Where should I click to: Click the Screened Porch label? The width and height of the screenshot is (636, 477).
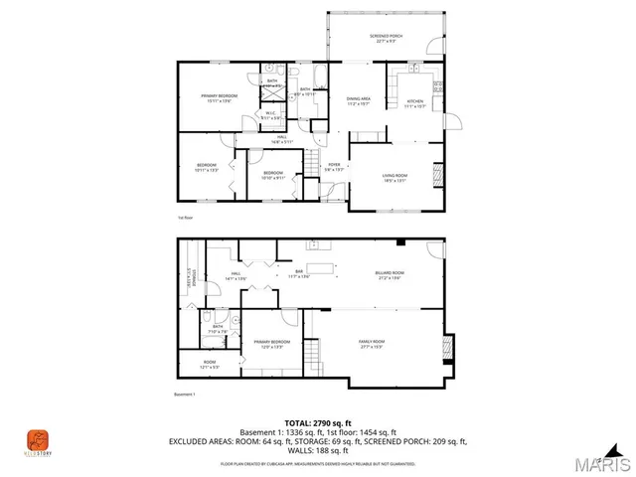coord(386,38)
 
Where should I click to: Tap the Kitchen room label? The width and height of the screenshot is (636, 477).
coord(414,103)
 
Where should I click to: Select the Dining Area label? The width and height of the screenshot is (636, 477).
coord(359,101)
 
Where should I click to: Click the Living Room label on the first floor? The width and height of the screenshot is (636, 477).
coord(396,178)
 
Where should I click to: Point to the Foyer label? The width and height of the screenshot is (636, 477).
coord(334,167)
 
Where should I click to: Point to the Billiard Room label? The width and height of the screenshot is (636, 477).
coord(392,275)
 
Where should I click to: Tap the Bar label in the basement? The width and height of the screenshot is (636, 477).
coord(295,275)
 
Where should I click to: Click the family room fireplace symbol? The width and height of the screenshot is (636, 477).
coord(447,345)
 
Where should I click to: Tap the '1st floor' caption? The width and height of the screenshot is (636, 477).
coord(183,216)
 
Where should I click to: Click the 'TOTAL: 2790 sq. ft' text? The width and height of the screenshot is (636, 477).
coord(317,422)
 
